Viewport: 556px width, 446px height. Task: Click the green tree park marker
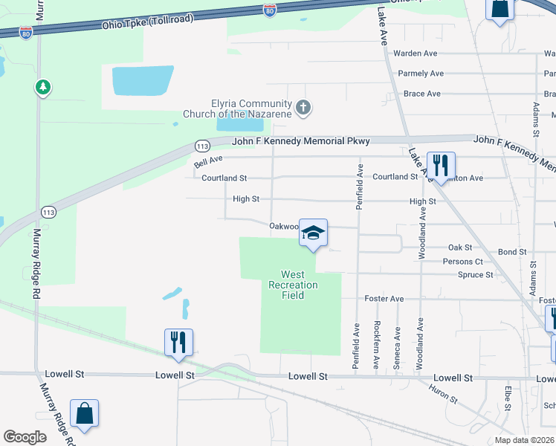[x=43, y=87]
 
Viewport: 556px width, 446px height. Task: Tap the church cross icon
[x=303, y=108]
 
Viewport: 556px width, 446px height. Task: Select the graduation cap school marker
[x=314, y=233]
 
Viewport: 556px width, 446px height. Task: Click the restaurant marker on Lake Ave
[x=441, y=166]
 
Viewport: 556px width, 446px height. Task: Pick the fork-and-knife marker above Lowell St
[x=178, y=343]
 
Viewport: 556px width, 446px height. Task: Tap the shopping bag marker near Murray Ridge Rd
[x=84, y=414]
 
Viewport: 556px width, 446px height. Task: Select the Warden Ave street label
[x=416, y=54]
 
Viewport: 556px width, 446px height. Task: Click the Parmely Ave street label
[x=421, y=74]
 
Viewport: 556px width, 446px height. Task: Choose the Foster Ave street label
[x=384, y=299]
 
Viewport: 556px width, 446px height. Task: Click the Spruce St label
[x=479, y=275]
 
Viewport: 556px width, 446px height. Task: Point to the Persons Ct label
[x=462, y=262]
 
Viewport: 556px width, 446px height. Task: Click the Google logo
[x=25, y=437]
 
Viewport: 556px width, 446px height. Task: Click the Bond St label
[x=512, y=253]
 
